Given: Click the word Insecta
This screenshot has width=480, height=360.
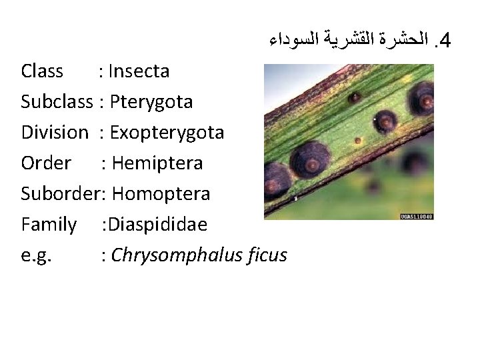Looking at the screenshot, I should coord(138,71).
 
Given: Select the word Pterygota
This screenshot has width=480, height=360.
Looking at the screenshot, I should coord(152,101).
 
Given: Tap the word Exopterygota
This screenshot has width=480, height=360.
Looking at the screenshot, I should coord(167,132).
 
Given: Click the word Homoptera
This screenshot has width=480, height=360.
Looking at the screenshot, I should coord(161,193).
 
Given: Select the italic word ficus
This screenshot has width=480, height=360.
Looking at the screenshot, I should coord(265,255).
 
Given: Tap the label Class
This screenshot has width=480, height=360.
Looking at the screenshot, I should coord(42,71).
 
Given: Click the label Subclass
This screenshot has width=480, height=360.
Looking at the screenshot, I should coord(56,101).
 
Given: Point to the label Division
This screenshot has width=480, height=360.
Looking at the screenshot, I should coord(54,132).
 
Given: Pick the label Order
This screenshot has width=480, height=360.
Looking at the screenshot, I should coord(46,163).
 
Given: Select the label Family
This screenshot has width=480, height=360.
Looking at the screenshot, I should coord(49,224).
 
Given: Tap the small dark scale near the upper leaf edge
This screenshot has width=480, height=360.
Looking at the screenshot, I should coord(355,97).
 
